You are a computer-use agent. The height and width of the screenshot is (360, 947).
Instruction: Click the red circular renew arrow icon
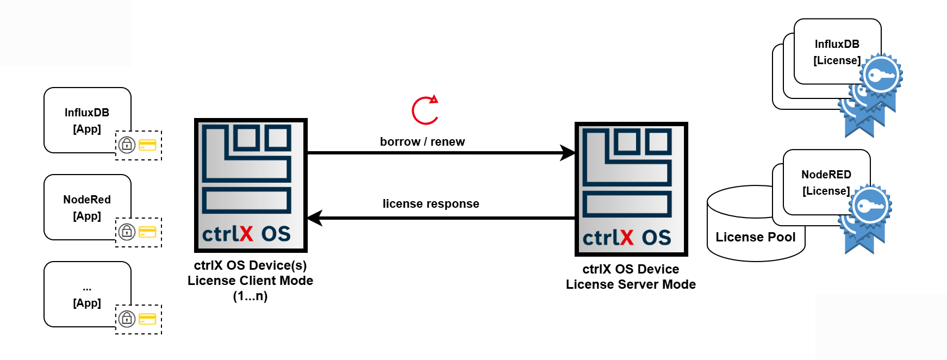[x=425, y=110]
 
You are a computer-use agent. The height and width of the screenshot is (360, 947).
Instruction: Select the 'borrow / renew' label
[x=422, y=142]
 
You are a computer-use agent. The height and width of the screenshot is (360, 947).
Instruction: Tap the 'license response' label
[x=431, y=204]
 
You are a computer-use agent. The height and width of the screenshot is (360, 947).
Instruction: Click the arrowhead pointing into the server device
[x=569, y=153]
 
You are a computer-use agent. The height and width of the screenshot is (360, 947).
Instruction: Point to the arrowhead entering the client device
[x=315, y=218]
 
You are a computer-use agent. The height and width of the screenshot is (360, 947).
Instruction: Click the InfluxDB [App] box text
[x=87, y=120]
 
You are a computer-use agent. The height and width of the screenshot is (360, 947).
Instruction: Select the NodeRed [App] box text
[x=87, y=207]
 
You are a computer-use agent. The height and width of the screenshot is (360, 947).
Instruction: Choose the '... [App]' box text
[x=87, y=295]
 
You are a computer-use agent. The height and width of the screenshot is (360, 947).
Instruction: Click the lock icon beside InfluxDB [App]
[x=127, y=145]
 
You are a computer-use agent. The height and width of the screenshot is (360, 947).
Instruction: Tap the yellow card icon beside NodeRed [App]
[x=147, y=232]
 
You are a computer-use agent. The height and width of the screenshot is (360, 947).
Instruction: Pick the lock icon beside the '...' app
[x=127, y=319]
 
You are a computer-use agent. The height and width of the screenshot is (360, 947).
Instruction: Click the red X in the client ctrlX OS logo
[x=246, y=234]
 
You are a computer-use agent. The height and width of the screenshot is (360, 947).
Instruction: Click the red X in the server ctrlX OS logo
[x=626, y=238]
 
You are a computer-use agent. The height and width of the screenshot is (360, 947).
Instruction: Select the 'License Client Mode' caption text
[x=250, y=281]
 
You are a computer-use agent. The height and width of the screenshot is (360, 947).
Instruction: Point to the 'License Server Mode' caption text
[x=631, y=284]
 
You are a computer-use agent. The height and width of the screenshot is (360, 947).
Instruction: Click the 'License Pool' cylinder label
[x=755, y=237]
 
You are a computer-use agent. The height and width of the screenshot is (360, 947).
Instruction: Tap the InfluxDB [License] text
[x=837, y=52]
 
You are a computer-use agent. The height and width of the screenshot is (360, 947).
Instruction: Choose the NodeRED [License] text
[x=826, y=183]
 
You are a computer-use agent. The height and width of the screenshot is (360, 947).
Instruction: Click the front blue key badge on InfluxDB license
[x=880, y=76]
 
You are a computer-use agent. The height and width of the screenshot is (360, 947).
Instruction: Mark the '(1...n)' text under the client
[x=250, y=296]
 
